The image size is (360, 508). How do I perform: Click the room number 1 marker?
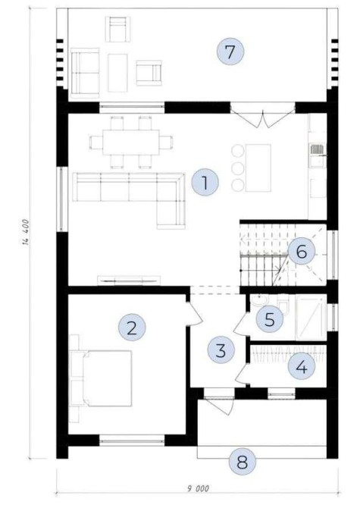click(x=205, y=183)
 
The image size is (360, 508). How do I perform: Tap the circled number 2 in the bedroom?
click(x=132, y=328)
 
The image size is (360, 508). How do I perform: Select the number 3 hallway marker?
click(x=221, y=350)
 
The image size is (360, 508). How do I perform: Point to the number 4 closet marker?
click(x=302, y=366)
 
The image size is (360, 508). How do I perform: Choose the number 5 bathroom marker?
click(x=270, y=319)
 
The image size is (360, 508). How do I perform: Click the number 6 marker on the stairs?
click(x=302, y=251)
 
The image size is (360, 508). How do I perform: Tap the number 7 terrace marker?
click(x=230, y=52)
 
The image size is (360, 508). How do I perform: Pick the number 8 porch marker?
click(x=243, y=462)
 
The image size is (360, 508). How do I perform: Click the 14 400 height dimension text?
click(x=27, y=232)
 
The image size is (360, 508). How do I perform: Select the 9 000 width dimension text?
click(x=198, y=488)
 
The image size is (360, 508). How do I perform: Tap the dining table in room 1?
click(x=131, y=143)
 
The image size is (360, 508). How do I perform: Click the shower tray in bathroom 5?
click(x=311, y=318)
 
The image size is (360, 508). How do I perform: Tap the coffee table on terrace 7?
click(x=117, y=73)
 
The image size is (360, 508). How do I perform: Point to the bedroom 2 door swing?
click(x=194, y=312)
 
